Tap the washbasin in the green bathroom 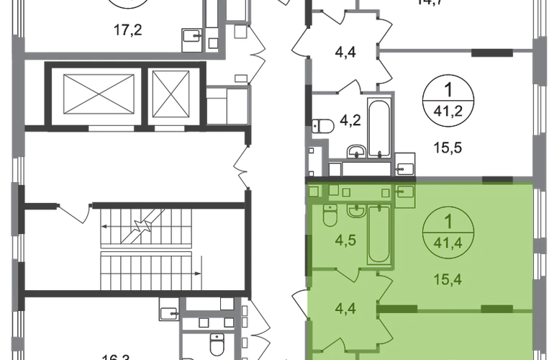(x=356, y=213)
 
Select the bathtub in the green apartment (x=378, y=234)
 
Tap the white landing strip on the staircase (x=146, y=248)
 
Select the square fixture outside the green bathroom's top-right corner (x=407, y=192)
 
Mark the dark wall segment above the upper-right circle (x=493, y=51)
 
